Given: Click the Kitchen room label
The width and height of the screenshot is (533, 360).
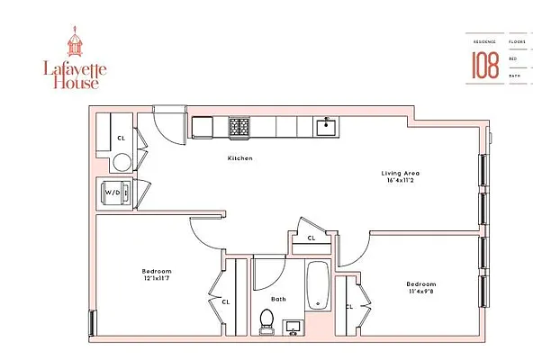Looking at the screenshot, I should pyautogui.click(x=239, y=157).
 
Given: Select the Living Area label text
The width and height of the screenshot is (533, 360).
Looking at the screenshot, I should pyautogui.click(x=400, y=172).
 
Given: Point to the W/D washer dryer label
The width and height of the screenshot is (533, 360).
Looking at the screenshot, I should pyautogui.click(x=113, y=192).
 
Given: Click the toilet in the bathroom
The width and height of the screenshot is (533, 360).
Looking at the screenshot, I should pyautogui.click(x=266, y=320).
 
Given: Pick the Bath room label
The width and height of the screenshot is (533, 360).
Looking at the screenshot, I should pyautogui.click(x=278, y=301).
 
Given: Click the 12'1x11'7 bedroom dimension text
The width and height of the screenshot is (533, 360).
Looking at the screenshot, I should pyautogui.click(x=157, y=278).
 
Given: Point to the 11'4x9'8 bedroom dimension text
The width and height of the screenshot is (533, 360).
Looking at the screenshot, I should pyautogui.click(x=421, y=291).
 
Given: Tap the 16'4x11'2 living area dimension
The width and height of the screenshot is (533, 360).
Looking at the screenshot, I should pyautogui.click(x=401, y=180).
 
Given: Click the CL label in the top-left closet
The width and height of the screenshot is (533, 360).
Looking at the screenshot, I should pyautogui.click(x=121, y=138).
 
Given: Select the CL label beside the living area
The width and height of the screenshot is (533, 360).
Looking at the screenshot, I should pyautogui.click(x=311, y=238).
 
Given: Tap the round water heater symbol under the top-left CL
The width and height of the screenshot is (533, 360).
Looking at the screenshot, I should pyautogui.click(x=122, y=162).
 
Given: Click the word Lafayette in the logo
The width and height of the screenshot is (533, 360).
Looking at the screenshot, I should pyautogui.click(x=74, y=66).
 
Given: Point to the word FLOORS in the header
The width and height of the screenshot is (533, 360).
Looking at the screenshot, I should pyautogui.click(x=517, y=42).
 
